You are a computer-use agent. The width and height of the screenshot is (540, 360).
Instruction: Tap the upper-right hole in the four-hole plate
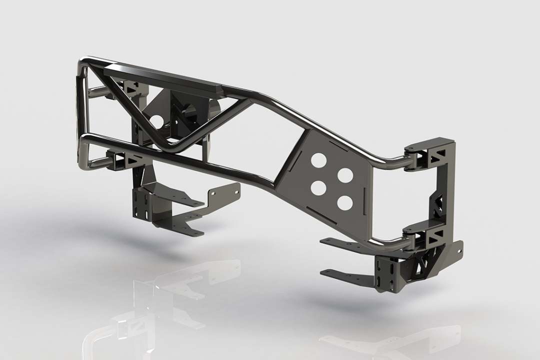click(344, 175)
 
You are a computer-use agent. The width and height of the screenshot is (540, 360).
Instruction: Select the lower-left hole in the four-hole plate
click(317, 187)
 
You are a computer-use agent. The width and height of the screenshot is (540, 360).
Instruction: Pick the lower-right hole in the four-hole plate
click(343, 202)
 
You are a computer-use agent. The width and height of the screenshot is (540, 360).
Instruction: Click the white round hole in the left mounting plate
click(156, 121)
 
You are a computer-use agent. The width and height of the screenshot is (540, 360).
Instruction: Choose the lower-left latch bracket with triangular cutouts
click(125, 160)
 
